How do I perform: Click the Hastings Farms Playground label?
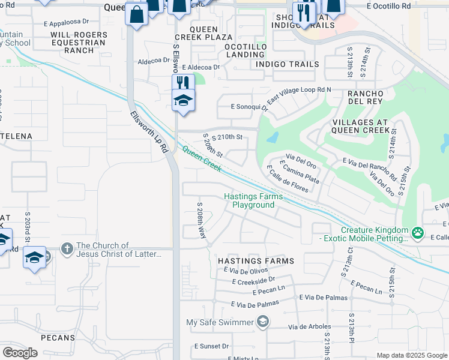[249, 200]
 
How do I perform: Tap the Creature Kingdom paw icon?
[417, 232]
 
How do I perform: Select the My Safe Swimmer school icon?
[262, 323]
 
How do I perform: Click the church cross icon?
[67, 247]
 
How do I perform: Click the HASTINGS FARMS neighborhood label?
[256, 261]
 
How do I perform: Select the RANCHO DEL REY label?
[365, 97]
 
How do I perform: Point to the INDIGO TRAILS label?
[285, 64]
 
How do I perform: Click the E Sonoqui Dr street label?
[249, 108]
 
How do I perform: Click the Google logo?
[20, 353]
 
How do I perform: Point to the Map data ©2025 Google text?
[411, 355]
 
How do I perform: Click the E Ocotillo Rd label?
[388, 5]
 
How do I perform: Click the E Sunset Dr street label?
[211, 347]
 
